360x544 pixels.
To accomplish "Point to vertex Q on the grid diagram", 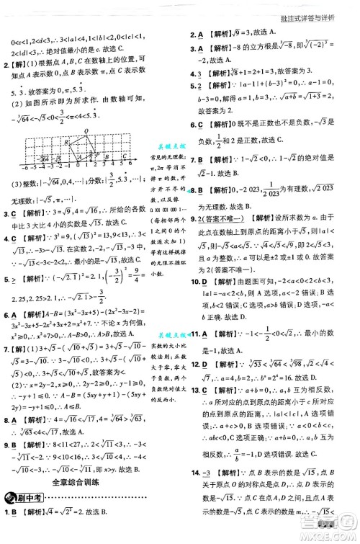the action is [x=88, y=132].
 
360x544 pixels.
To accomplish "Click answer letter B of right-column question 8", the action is [x=201, y=192].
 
